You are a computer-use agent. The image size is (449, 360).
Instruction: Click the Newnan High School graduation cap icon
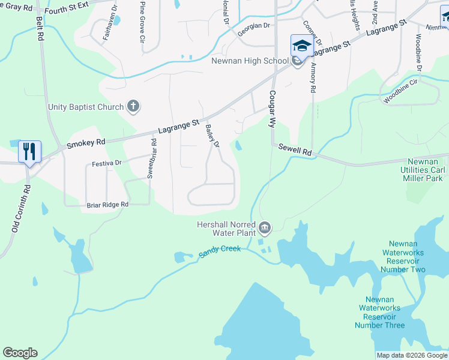tap(301, 46)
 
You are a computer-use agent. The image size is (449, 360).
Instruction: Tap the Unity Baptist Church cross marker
tap(133, 107)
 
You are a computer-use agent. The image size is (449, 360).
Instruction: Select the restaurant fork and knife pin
tap(29, 151)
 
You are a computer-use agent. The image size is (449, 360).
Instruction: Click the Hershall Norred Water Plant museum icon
tap(265, 228)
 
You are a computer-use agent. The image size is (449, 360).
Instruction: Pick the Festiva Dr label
tap(107, 163)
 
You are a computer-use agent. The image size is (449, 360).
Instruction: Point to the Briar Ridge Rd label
tap(107, 205)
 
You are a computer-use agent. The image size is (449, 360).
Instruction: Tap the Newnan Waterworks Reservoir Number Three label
tap(379, 312)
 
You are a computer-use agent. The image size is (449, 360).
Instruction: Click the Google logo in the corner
tap(20, 353)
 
